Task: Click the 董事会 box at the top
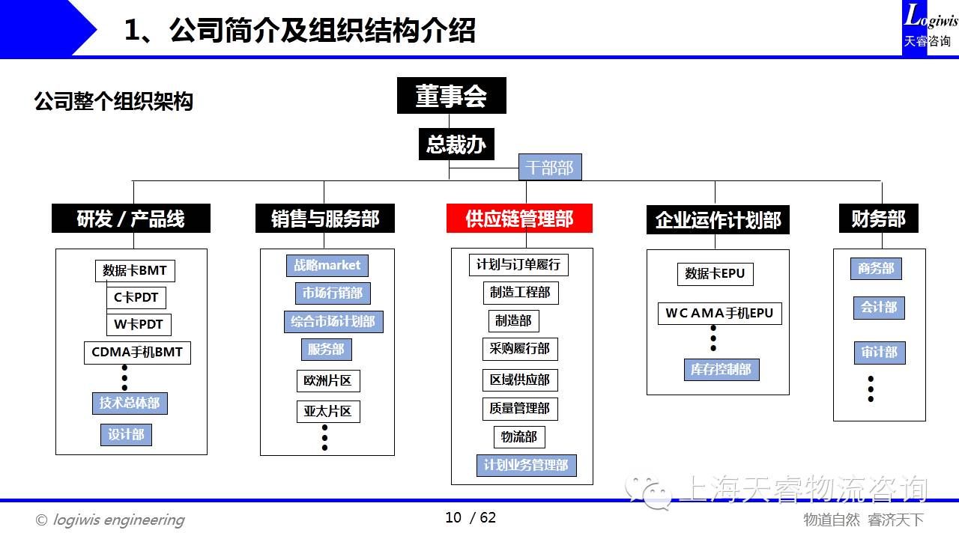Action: [451, 96]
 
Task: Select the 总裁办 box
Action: [456, 144]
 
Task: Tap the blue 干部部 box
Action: [550, 168]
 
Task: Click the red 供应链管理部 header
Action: [519, 219]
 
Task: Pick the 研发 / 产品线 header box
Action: [130, 219]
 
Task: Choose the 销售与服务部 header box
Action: [324, 219]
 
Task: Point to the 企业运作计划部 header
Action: [718, 220]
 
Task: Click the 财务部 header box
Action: [878, 219]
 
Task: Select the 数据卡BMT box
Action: [135, 270]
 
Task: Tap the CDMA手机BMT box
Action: [137, 352]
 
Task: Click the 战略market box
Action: [327, 265]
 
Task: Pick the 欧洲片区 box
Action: [327, 380]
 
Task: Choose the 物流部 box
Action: [519, 436]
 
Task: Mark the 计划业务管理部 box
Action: [526, 465]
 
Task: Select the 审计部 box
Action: [879, 352]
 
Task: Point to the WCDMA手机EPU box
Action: [719, 313]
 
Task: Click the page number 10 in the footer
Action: [453, 517]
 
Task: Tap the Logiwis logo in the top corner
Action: [930, 27]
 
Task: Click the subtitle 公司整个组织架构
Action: [114, 101]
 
